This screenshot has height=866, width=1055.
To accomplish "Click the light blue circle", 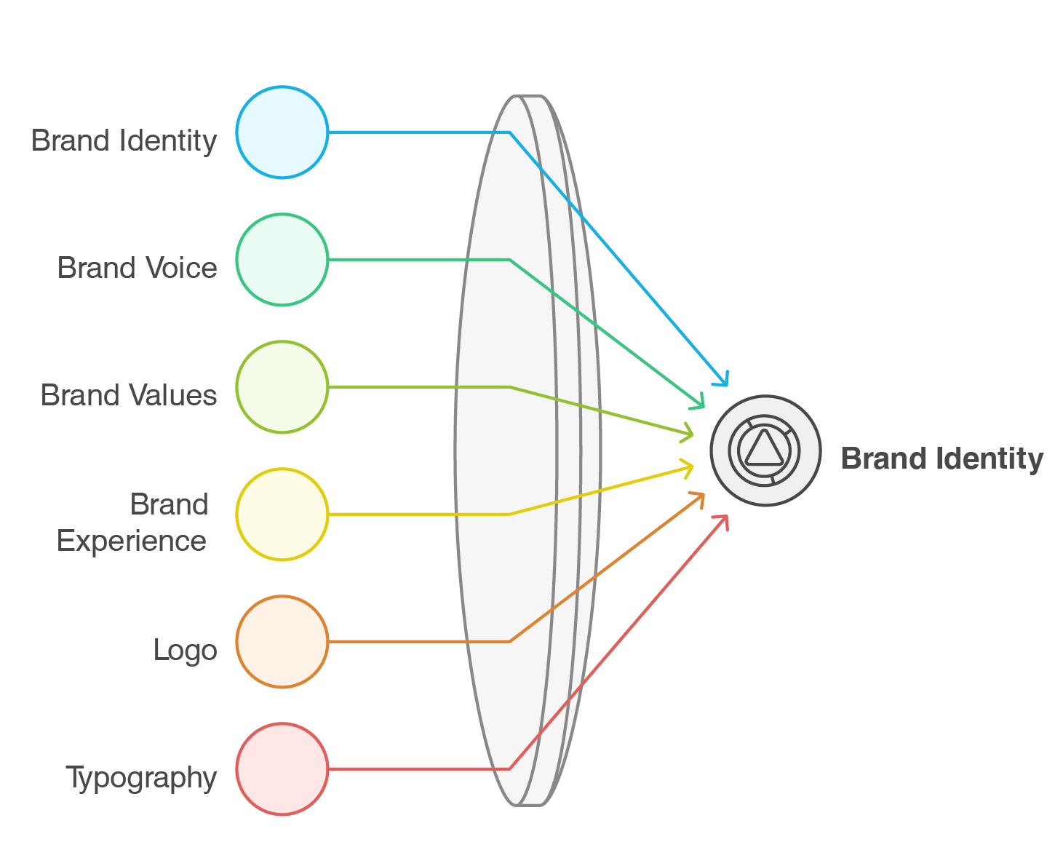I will click(282, 132).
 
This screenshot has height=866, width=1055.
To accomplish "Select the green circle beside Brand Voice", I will click(282, 260).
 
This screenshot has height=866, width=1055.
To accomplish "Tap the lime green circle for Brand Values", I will click(282, 387).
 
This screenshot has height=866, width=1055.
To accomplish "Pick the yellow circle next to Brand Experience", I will click(282, 515).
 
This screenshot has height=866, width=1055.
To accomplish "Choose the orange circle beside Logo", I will click(282, 642).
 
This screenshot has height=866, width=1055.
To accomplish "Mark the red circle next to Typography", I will click(282, 769).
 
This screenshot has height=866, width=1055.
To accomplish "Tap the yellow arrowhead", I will click(690, 466).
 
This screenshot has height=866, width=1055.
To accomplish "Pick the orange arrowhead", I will click(701, 496).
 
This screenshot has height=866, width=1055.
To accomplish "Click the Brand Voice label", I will click(138, 268).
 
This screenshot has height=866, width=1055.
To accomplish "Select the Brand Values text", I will click(129, 395).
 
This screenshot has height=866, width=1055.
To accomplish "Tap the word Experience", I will click(132, 541).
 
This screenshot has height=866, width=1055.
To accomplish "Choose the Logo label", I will click(185, 650).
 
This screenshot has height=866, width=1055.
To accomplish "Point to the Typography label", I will click(141, 778).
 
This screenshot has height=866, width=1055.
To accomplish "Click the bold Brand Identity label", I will click(941, 459).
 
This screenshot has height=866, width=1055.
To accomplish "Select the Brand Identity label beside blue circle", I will click(124, 140).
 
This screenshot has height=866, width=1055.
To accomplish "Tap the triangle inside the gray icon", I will click(763, 450).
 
